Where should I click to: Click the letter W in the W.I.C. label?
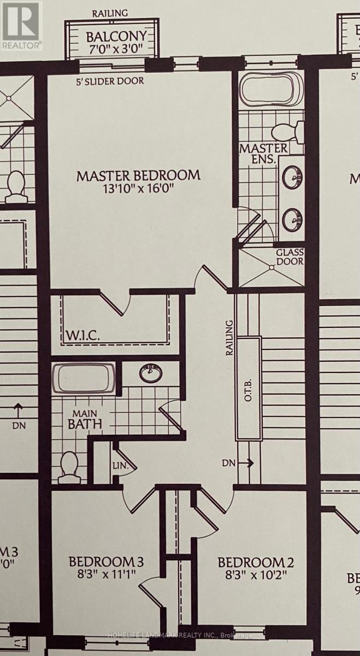pyautogui.click(x=71, y=336)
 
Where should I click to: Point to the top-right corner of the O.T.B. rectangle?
pyautogui.click(x=261, y=337)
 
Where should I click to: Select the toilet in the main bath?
pyautogui.click(x=69, y=466)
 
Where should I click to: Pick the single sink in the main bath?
pyautogui.click(x=151, y=373)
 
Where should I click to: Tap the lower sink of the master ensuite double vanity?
pyautogui.click(x=292, y=219)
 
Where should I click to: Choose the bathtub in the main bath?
pyautogui.click(x=84, y=378)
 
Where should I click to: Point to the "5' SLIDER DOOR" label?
pyautogui.click(x=110, y=81)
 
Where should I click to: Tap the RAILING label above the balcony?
pyautogui.click(x=110, y=13)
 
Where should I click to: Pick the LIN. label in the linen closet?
pyautogui.click(x=121, y=465)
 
